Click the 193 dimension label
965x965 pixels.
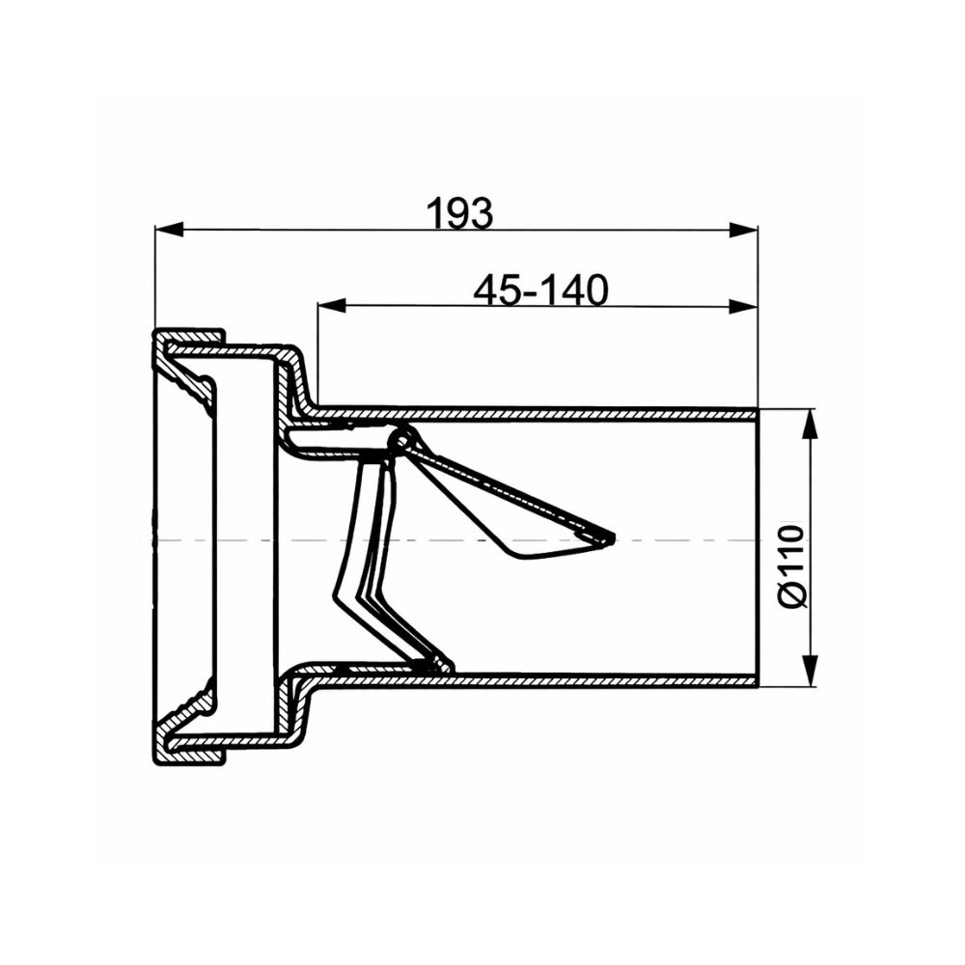coord(459,213)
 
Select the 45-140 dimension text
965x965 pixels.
coord(541,289)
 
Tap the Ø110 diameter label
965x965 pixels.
coord(792,566)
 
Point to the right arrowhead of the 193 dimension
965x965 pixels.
coord(743,230)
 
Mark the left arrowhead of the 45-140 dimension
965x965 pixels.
coord(332,306)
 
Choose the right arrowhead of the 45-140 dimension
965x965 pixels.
coord(743,306)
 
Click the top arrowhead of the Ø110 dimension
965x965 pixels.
coord(812,424)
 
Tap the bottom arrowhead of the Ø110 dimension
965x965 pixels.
coord(812,671)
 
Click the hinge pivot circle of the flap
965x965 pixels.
coord(401,441)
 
